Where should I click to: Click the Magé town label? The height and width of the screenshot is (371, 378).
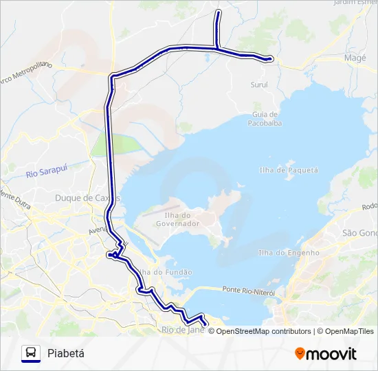tap(355, 58)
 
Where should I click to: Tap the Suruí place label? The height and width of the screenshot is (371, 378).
tap(259, 85)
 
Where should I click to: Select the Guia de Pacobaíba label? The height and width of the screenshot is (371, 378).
tap(265, 118)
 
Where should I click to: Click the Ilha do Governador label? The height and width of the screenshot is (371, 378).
tap(178, 218)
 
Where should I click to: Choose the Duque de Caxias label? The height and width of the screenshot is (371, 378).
tap(87, 198)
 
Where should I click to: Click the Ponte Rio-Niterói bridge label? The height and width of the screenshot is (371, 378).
tap(248, 291)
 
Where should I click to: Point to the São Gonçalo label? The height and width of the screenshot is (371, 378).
tap(360, 234)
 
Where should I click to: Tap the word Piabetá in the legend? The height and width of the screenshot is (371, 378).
tap(66, 353)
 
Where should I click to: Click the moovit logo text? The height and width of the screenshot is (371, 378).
tap(331, 354)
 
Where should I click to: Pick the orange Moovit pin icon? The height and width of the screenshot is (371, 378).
tap(300, 353)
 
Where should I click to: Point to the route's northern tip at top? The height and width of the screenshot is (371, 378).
tap(219, 12)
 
